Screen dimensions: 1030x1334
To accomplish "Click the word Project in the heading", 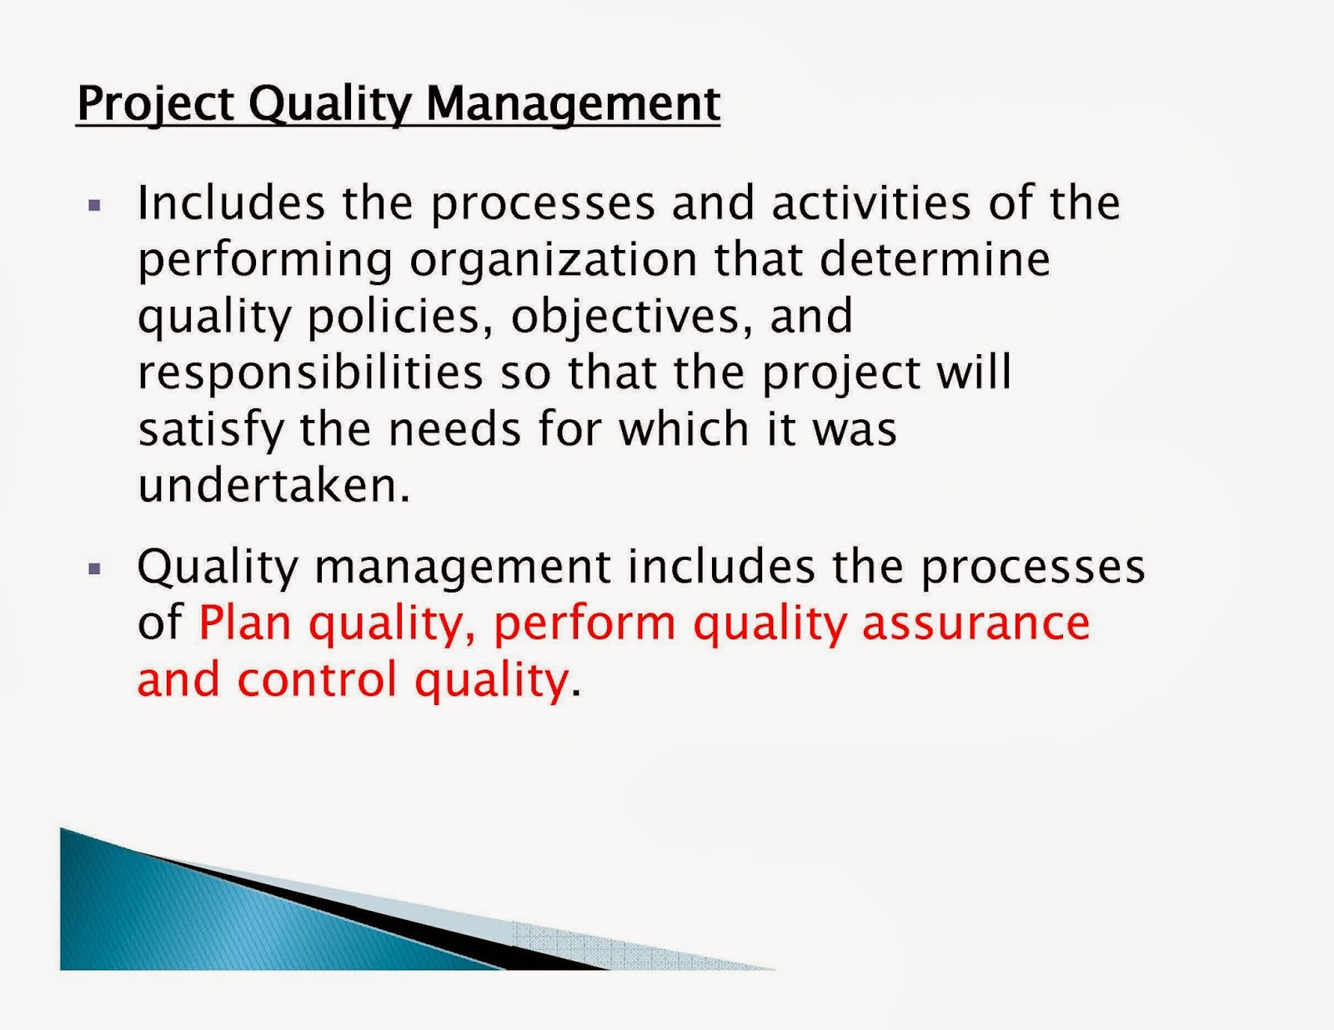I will coord(155,104).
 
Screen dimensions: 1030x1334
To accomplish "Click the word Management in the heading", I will coord(573,104).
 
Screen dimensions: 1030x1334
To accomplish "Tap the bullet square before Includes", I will coord(94,205).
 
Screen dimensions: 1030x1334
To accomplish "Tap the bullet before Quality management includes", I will coord(94,569).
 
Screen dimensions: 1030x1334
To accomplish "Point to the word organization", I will coord(554,260).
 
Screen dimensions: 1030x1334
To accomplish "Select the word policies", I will coord(400,317).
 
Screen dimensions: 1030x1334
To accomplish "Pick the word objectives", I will coord(625,317).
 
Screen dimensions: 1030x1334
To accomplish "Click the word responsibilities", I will coord(310,372).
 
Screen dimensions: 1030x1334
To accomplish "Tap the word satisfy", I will coord(211,430).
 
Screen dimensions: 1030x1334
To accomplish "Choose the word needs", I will coord(454,429).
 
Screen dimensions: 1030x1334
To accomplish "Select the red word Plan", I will coord(244,623).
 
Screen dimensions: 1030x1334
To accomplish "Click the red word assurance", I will coord(975,623).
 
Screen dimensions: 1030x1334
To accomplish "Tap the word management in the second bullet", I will coord(463,567).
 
